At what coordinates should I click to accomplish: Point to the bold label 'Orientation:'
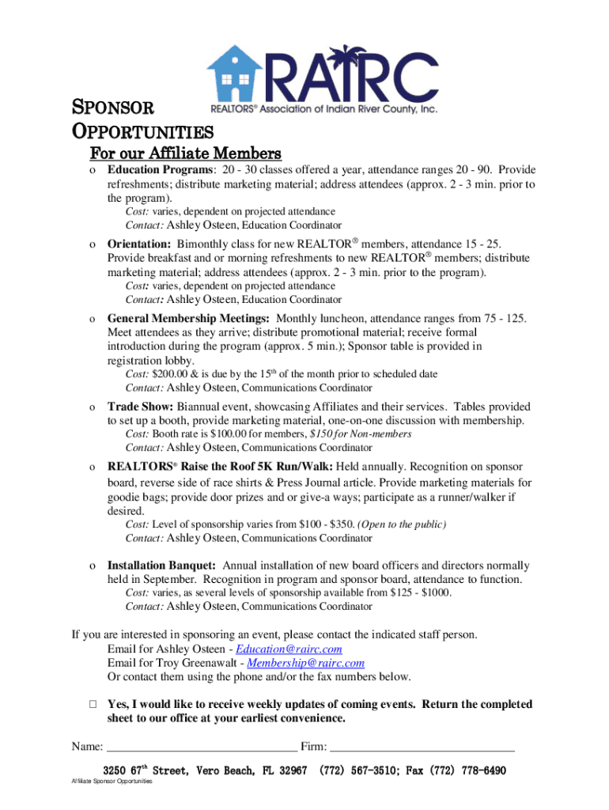139,244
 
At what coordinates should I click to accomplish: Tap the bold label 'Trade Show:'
140,406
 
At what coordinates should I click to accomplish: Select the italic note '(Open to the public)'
402,524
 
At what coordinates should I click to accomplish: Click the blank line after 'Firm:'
422,747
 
